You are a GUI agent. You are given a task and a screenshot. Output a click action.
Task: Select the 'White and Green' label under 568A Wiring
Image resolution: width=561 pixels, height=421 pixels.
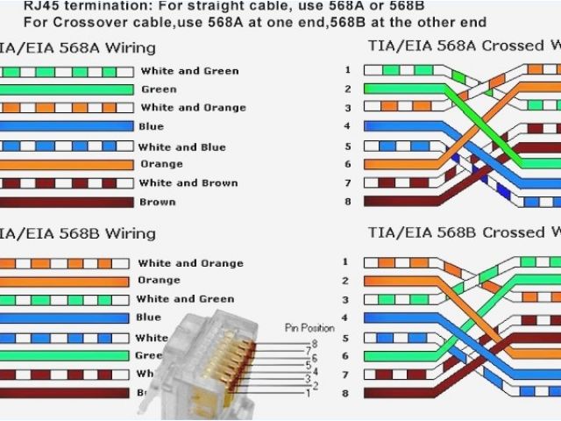(x=189, y=71)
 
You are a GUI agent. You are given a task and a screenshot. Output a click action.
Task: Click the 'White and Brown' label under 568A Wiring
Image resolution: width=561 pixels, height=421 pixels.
(x=188, y=183)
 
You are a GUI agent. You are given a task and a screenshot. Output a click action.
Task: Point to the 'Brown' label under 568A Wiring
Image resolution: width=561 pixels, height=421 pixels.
(x=157, y=203)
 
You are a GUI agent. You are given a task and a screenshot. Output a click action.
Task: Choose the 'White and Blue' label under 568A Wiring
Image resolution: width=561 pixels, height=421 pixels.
(x=181, y=147)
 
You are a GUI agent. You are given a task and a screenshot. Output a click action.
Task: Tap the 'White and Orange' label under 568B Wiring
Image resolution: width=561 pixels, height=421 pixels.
(x=190, y=263)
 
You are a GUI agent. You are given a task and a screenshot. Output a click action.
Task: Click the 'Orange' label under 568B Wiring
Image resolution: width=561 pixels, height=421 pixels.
(x=159, y=282)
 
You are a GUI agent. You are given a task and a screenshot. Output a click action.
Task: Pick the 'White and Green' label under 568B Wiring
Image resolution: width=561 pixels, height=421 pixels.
(x=185, y=299)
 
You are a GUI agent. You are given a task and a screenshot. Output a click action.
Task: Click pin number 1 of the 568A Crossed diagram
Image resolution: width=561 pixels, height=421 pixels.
(x=347, y=69)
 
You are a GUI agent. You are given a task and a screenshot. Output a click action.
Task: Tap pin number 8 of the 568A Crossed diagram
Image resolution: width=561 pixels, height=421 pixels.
(x=347, y=202)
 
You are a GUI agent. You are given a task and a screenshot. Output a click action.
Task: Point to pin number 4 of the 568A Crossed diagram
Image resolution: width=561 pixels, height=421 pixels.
(x=347, y=126)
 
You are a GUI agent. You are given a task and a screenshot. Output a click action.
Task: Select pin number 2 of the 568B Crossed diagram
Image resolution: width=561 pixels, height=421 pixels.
(x=345, y=281)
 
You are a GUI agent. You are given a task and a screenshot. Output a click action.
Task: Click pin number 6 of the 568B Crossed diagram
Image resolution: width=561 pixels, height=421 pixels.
(x=345, y=356)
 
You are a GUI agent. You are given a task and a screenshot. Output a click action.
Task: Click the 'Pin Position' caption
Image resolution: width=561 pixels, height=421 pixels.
(x=309, y=328)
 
